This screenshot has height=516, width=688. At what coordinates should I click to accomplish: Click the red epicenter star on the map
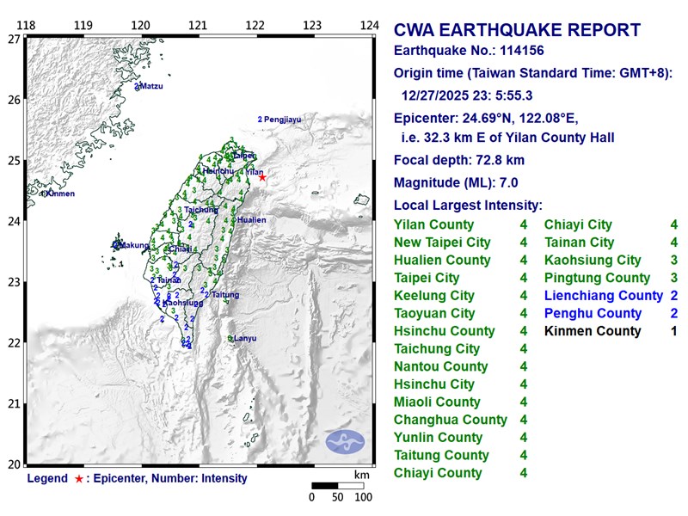point(262,177)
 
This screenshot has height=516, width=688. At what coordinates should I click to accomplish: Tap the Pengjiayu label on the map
point(283,119)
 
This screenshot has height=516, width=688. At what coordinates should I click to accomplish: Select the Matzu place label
point(150,86)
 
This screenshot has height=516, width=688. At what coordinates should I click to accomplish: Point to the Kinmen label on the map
point(59,193)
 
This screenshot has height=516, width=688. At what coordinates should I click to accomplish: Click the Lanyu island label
point(245,339)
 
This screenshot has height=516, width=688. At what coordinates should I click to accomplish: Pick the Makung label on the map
point(133,245)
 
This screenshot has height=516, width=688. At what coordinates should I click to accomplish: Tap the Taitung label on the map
point(225,295)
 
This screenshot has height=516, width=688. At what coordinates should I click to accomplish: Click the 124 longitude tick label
point(369,26)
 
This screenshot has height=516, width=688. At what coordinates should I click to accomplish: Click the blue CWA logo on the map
point(345,442)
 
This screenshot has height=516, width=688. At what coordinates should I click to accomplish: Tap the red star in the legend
point(79,479)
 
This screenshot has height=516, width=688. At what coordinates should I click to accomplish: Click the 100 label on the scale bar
point(363,496)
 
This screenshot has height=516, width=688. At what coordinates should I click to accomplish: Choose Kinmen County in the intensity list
point(593,331)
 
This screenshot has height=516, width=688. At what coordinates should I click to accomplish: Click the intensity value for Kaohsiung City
point(674,260)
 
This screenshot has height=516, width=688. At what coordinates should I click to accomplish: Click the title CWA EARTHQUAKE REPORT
point(517,30)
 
